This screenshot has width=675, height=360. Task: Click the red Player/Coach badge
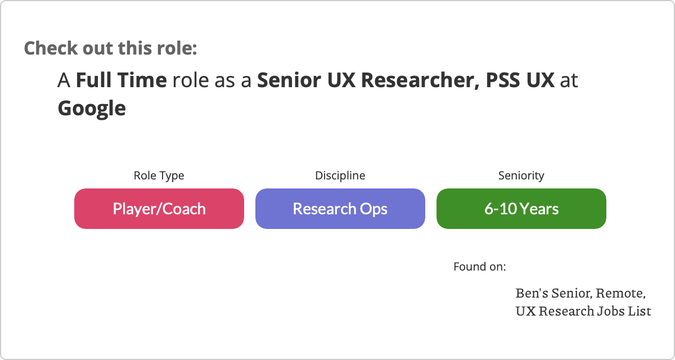(x=159, y=209)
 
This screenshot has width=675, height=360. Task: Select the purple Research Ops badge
(x=340, y=209)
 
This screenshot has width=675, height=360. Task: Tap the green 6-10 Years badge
(x=521, y=209)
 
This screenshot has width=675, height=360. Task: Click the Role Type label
(x=159, y=175)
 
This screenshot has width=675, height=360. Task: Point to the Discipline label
(x=340, y=175)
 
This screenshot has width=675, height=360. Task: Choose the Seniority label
(x=521, y=175)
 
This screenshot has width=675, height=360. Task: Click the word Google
(x=92, y=109)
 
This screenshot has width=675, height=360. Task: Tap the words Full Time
(x=121, y=80)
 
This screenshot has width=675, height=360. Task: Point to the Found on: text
(x=480, y=267)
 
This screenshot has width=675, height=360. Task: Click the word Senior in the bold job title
(x=289, y=80)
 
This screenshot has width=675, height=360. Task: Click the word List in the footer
(x=639, y=311)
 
